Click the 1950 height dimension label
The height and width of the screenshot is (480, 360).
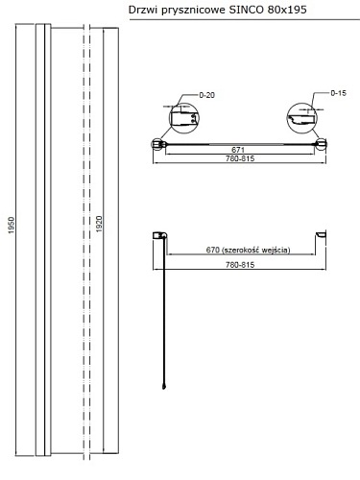12,225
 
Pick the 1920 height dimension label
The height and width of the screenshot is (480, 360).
99,224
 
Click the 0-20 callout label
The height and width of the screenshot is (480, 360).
206,95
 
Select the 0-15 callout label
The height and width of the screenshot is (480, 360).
338,93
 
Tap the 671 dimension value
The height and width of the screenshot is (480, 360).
238,150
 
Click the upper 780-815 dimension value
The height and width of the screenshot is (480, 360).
240,158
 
